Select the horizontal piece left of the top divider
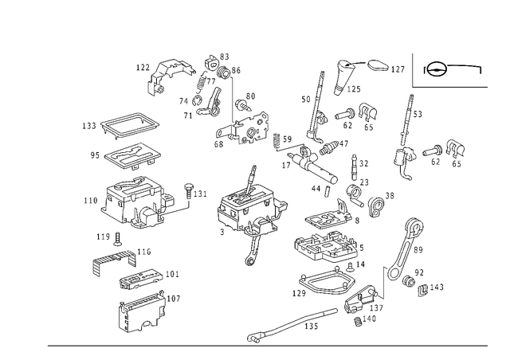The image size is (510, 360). point(388,69)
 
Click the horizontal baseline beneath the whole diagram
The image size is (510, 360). point(267,345)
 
